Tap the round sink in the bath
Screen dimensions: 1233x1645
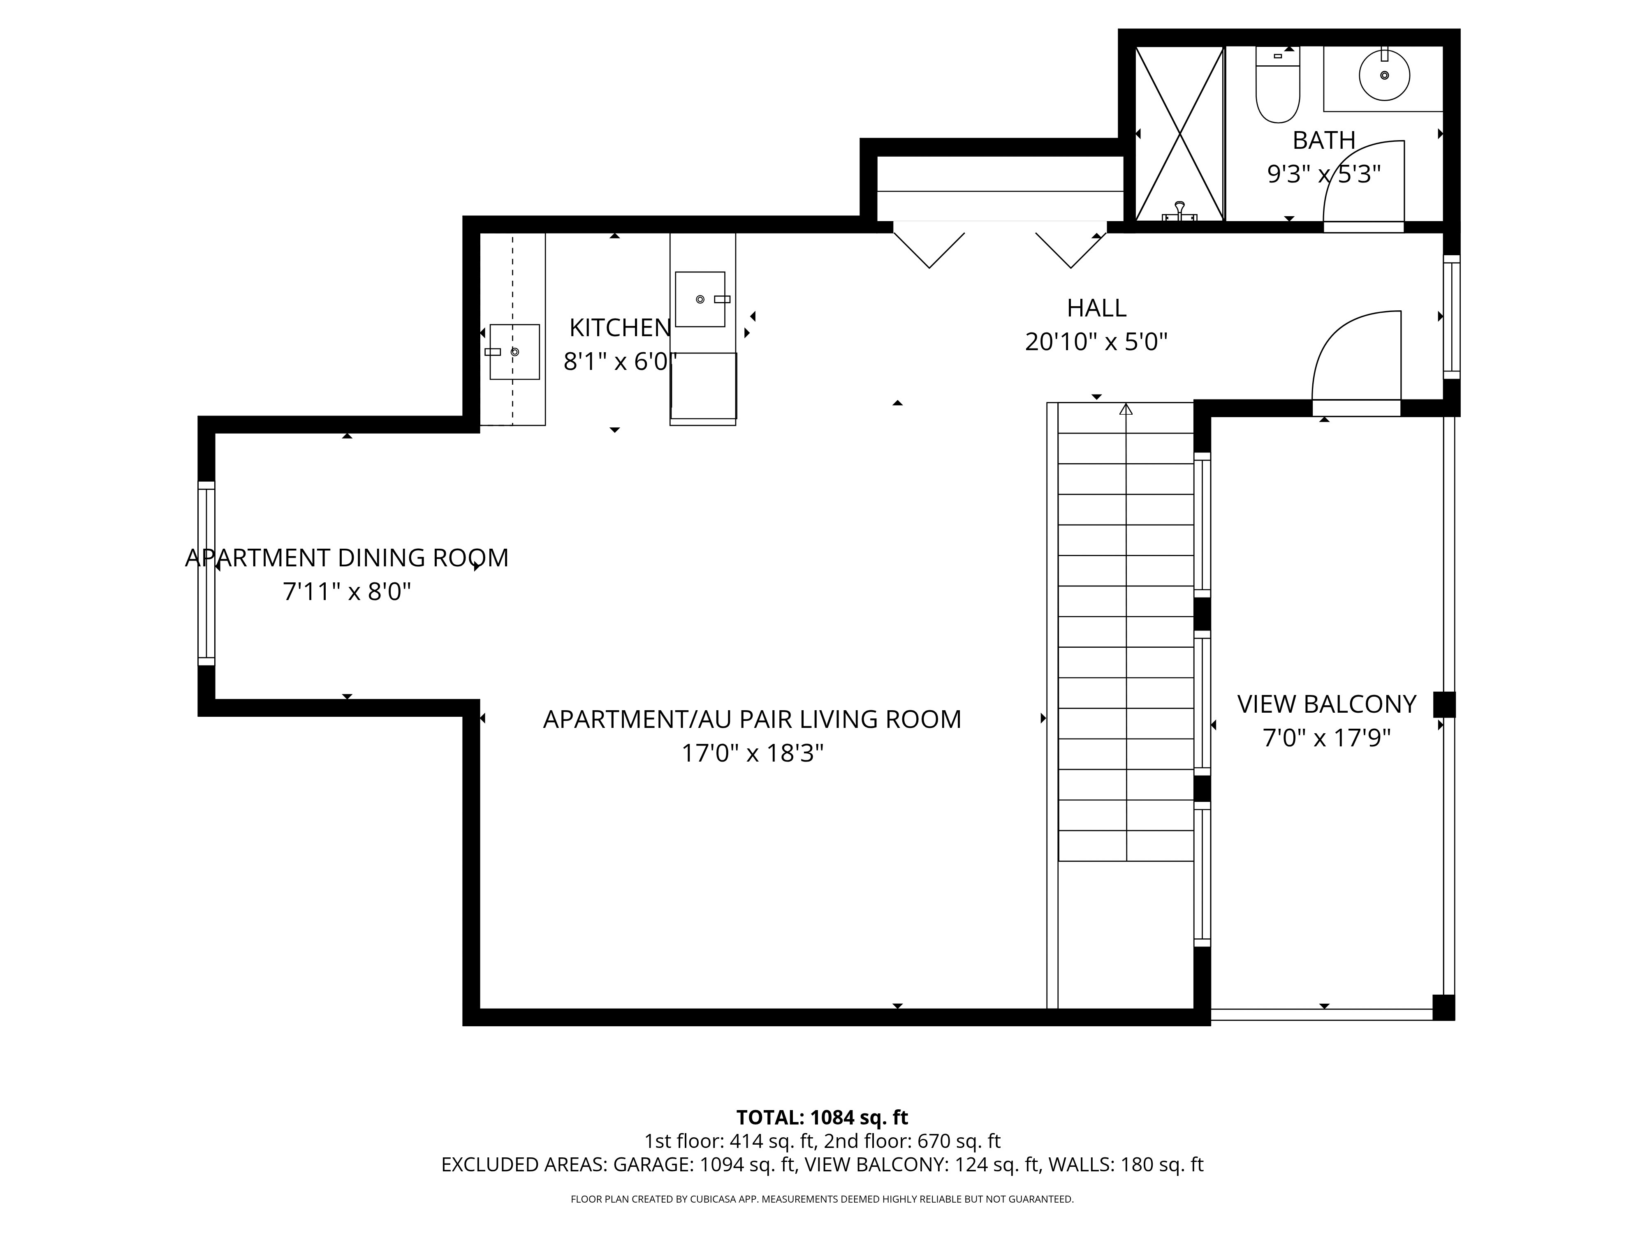coord(1384,75)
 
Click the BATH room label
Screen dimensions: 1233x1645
coord(1324,140)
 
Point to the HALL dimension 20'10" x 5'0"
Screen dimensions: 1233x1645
coord(1096,342)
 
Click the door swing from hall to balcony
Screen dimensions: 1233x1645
coord(1355,357)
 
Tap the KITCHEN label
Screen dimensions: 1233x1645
coord(619,327)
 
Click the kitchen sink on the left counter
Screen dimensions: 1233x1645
coord(514,351)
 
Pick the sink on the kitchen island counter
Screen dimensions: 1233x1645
coord(700,299)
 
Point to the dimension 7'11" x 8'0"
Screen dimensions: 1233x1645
coord(347,591)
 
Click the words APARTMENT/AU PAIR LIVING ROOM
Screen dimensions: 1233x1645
coord(752,719)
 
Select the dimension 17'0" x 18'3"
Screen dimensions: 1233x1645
coord(752,754)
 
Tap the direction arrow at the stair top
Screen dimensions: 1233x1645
coord(1126,409)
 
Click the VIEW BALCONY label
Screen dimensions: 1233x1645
coord(1326,704)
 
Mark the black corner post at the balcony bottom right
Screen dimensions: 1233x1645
coord(1443,1007)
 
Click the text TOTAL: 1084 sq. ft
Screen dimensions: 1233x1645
coord(822,1118)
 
